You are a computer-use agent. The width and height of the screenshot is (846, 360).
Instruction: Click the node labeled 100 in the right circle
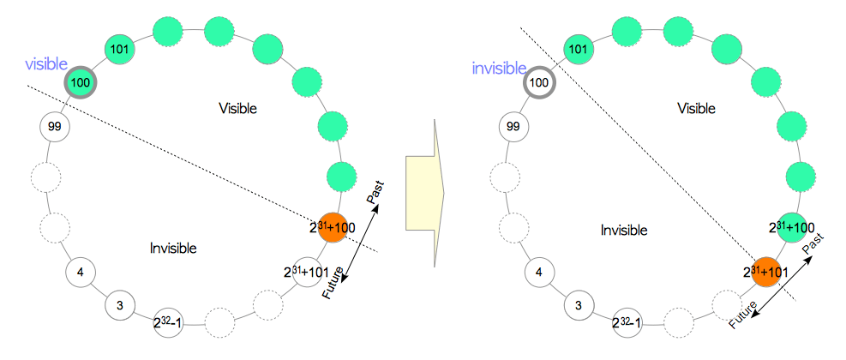[538, 83]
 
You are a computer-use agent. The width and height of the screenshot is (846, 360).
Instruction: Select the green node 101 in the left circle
[119, 49]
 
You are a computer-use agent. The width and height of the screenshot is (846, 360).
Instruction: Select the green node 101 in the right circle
[580, 49]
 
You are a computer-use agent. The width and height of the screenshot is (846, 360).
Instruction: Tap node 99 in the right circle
[513, 126]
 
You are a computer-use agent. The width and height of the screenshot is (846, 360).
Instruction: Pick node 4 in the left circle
[80, 273]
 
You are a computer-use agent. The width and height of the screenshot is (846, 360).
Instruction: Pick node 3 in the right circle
[579, 304]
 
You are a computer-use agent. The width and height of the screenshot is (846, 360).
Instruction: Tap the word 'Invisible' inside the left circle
[173, 249]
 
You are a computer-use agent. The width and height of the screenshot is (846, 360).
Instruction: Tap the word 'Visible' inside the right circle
[697, 108]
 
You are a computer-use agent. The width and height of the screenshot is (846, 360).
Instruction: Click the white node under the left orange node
[307, 271]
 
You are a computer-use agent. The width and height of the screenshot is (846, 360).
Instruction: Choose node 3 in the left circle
[119, 304]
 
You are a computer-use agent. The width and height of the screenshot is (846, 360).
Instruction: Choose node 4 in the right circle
[538, 273]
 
